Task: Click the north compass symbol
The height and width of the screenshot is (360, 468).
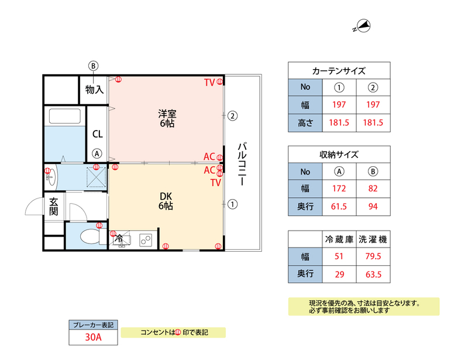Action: [x=362, y=26]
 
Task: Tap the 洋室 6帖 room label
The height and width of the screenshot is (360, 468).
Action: [x=167, y=118]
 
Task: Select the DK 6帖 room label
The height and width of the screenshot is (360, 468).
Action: [x=166, y=201]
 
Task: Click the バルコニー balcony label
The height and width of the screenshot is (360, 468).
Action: [x=242, y=164]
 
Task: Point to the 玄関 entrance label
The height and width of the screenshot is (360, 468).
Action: [x=54, y=207]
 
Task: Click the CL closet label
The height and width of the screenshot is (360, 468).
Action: [x=98, y=134]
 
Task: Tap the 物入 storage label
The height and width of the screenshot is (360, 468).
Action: [x=94, y=90]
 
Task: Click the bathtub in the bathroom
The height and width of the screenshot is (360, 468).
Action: [x=65, y=116]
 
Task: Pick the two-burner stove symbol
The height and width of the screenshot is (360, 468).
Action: [x=145, y=240]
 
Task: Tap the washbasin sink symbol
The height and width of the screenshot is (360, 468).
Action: [x=51, y=177]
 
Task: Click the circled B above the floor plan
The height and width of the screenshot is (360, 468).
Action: [x=93, y=66]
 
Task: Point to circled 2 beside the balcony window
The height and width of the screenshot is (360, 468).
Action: [x=232, y=116]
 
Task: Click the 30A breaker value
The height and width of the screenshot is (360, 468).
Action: [x=93, y=337]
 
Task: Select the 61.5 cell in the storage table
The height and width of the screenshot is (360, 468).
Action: [x=339, y=207]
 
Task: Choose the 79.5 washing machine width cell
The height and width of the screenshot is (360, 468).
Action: [x=373, y=256]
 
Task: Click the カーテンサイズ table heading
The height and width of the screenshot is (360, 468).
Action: [x=339, y=71]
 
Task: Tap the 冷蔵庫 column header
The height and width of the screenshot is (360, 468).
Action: [x=339, y=239]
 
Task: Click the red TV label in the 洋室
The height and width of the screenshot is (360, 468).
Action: [x=209, y=83]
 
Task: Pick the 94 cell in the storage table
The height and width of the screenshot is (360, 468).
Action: [x=373, y=207]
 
